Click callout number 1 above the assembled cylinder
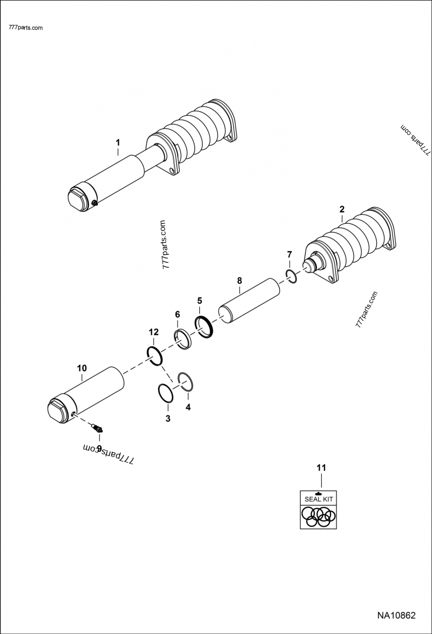[118, 142]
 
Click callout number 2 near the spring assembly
[341, 209]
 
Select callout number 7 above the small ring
[289, 254]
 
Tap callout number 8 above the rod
[240, 280]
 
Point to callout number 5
[199, 300]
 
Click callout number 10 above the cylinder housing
[82, 368]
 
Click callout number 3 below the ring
[168, 418]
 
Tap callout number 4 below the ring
[188, 407]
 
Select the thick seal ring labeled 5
[205, 327]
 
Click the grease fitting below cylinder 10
[98, 429]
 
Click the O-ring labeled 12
[154, 356]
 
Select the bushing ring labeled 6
[182, 340]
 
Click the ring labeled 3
[165, 393]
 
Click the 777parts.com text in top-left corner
[26, 28]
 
